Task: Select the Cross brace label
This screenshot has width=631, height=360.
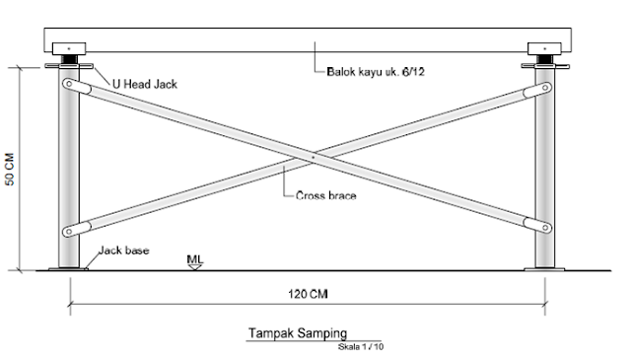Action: pos(325,195)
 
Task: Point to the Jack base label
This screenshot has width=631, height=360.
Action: pos(124,252)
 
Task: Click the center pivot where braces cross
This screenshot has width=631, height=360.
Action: pos(311,157)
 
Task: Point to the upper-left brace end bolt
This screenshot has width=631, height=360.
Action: pos(70,86)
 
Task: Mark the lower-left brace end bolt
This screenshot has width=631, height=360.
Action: pos(70,230)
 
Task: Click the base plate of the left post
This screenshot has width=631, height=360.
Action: pos(69,267)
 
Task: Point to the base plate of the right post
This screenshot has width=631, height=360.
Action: pos(543,267)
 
